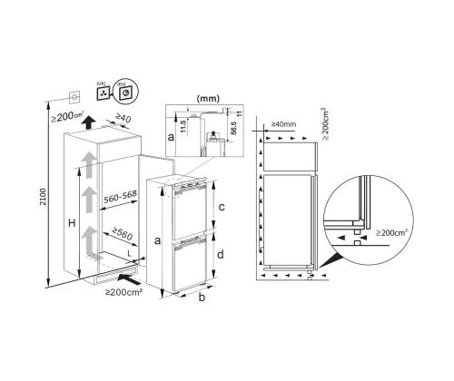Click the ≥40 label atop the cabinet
click(123, 118)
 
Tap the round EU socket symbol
click(123, 92)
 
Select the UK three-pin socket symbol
click(103, 92)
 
